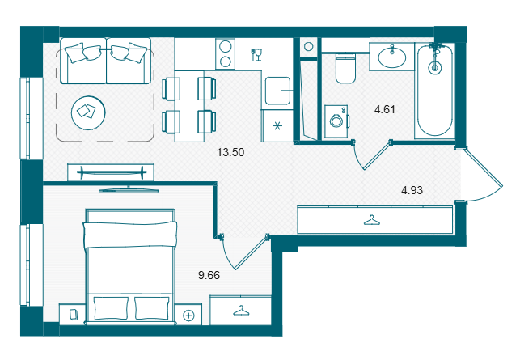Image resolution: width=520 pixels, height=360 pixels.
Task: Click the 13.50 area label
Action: tap(230, 152)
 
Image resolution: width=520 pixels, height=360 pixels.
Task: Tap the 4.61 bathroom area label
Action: tap(385, 109)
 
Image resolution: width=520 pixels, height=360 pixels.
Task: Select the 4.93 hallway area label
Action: tap(412, 190)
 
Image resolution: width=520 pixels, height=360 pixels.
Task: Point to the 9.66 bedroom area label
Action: tap(209, 275)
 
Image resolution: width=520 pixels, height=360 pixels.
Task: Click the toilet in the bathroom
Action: tap(345, 68)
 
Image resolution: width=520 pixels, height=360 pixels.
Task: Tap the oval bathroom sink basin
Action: tap(392, 57)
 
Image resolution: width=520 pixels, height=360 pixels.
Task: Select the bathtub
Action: tap(435, 91)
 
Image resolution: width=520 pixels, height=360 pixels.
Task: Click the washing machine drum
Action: tap(336, 121)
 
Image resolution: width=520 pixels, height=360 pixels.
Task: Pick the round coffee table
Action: tap(88, 113)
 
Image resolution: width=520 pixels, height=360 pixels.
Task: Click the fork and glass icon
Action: tap(256, 55)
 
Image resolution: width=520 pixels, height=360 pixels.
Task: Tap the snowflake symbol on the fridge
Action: tap(277, 126)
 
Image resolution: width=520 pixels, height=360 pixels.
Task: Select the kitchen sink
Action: tap(278, 91)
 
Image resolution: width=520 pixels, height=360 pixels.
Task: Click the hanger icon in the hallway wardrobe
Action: tap(372, 220)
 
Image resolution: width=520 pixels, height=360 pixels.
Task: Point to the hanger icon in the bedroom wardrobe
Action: tap(241, 311)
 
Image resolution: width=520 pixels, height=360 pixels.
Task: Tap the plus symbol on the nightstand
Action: tap(188, 316)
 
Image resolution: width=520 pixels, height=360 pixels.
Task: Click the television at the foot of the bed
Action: tap(129, 190)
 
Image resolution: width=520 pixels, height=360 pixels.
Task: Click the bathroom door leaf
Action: tap(377, 155)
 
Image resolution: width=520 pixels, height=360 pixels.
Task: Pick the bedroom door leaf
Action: tap(251, 253)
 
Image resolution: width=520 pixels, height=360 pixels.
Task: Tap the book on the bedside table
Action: tap(74, 314)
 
